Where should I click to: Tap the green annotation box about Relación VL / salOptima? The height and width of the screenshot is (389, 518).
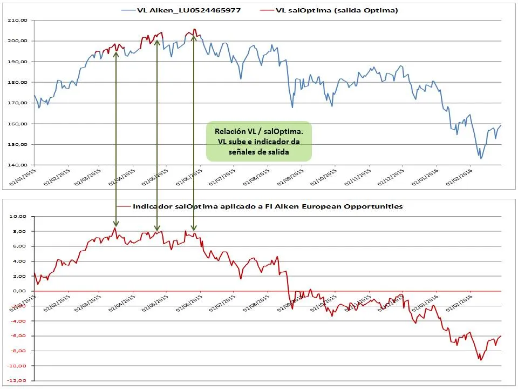click(x=258, y=141)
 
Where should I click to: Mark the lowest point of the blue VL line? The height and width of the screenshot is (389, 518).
click(x=481, y=158)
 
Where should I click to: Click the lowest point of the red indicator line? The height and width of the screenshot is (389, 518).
click(x=481, y=360)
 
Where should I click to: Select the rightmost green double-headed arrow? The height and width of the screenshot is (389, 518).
click(x=193, y=132)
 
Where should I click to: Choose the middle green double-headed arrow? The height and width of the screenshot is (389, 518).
click(x=156, y=135)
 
